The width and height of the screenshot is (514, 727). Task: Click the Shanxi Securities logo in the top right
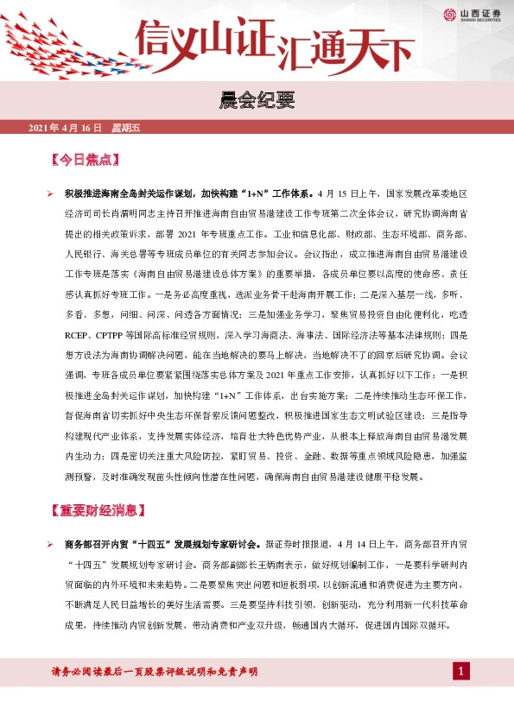[474, 14]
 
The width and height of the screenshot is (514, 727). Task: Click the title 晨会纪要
[257, 102]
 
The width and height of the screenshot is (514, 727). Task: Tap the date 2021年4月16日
[66, 129]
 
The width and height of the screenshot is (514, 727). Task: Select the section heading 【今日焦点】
[85, 161]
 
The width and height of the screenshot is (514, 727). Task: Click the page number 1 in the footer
[461, 672]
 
